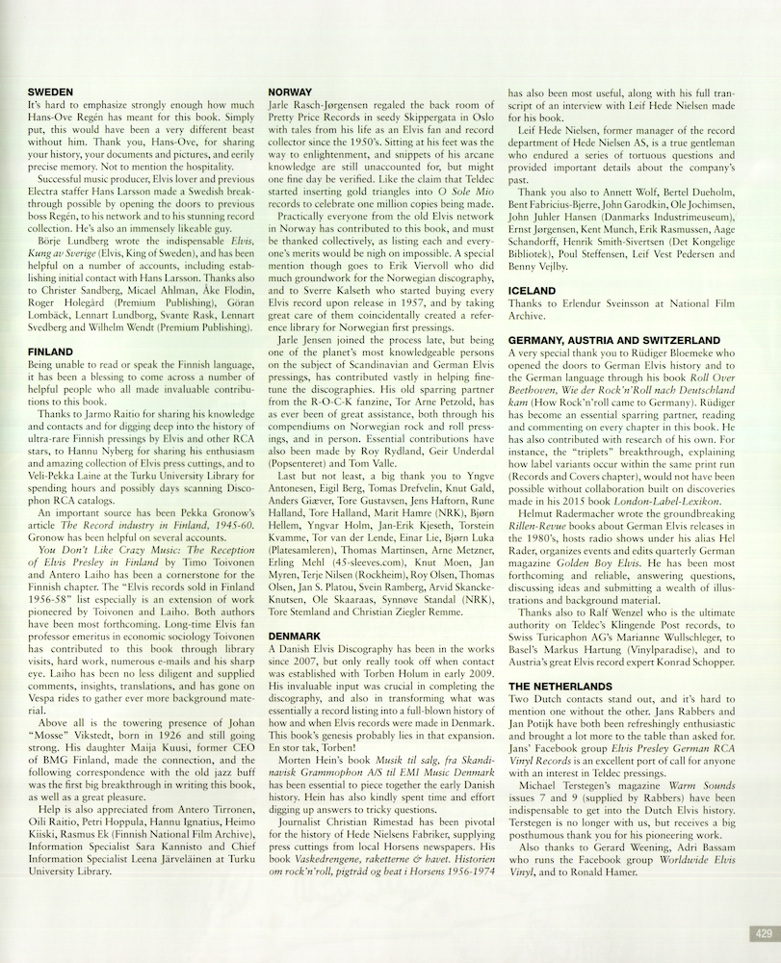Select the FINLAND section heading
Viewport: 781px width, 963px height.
click(x=51, y=352)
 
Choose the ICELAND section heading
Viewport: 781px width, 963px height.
click(x=532, y=290)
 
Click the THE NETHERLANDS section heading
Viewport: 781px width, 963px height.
click(x=560, y=686)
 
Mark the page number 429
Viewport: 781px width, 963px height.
click(x=762, y=933)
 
